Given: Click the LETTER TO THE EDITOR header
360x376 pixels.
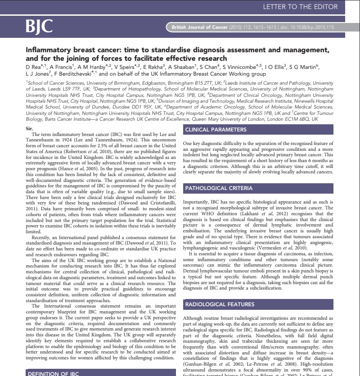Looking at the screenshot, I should click(300, 7).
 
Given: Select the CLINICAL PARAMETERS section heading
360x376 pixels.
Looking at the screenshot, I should click(216, 130).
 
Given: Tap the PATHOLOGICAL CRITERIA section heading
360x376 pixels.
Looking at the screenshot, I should click(219, 188).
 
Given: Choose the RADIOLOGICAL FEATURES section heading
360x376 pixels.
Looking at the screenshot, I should click(220, 304).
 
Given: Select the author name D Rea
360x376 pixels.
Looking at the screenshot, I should click(34, 66).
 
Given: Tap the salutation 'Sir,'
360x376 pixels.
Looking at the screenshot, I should click(30, 128).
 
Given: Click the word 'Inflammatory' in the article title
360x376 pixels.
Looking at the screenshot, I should click(48, 50).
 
